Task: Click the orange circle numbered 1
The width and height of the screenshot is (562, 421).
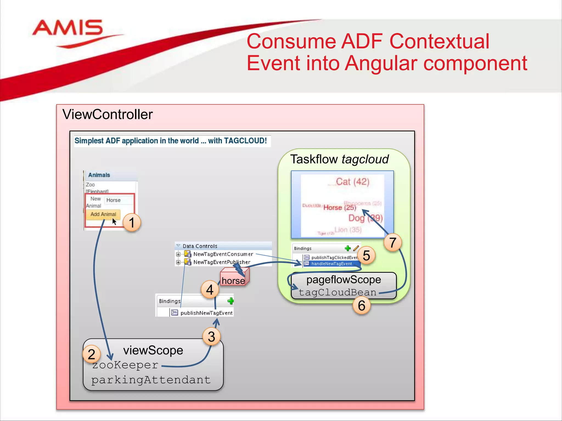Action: [x=132, y=222]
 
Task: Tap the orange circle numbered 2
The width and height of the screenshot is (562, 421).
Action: [x=91, y=354]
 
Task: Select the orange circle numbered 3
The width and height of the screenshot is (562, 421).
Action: [x=211, y=337]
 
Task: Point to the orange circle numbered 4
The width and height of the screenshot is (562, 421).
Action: [x=210, y=289]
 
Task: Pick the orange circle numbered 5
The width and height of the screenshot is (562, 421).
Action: [x=366, y=255]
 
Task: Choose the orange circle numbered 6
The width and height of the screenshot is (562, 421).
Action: [x=361, y=305]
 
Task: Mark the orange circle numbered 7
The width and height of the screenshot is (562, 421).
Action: [x=393, y=242]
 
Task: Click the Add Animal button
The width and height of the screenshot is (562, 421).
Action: [x=103, y=214]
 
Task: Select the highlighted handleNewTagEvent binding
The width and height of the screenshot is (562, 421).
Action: [x=331, y=264]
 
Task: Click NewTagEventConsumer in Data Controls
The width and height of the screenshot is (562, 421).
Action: [x=223, y=254]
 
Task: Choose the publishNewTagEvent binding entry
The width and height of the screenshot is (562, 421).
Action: [x=206, y=313]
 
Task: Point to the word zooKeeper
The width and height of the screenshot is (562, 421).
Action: [x=125, y=365]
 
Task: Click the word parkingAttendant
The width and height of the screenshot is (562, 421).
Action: [x=151, y=380]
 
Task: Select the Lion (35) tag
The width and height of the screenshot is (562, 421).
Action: [x=348, y=230]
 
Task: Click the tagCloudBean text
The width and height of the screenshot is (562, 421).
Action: [x=337, y=292]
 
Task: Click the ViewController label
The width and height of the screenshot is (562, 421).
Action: [x=107, y=114]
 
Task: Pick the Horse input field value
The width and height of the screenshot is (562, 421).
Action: [x=113, y=200]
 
